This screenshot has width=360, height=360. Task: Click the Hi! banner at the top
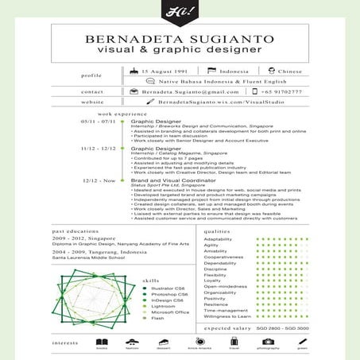tap(180, 11)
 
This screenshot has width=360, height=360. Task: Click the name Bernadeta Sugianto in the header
tap(179, 37)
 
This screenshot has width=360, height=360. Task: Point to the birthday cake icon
tap(133, 72)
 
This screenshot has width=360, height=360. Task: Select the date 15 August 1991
tap(162, 72)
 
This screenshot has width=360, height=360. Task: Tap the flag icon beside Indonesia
tap(212, 72)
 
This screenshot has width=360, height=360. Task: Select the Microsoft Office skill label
tap(170, 312)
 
